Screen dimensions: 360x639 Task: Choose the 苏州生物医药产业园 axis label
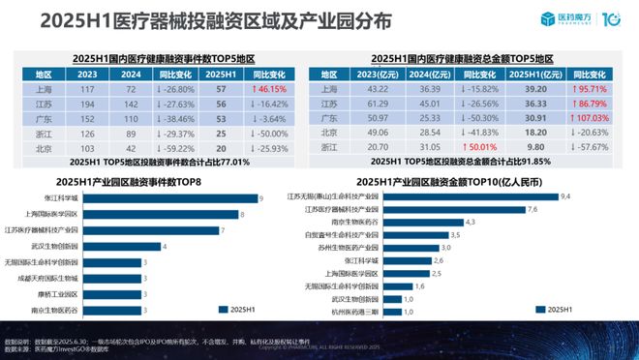tap(348, 247)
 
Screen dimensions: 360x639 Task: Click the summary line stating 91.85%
tap(463, 163)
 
